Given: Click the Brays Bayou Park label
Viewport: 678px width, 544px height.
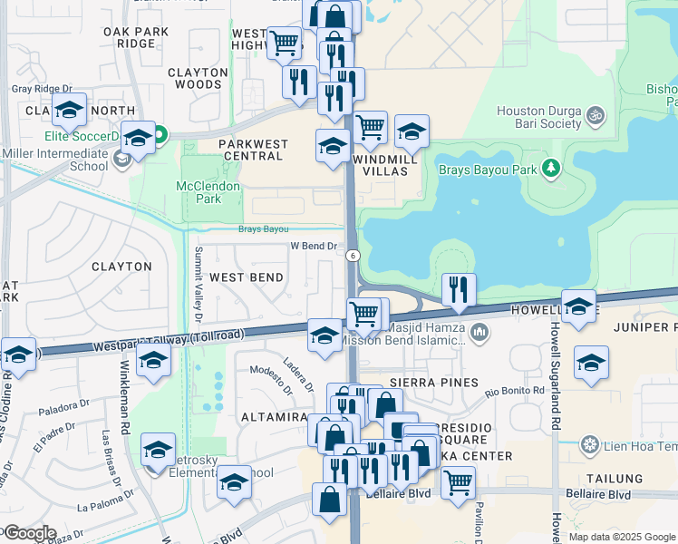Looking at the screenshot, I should click(488, 169).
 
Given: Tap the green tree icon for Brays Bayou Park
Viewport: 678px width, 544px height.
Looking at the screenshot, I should click(549, 169).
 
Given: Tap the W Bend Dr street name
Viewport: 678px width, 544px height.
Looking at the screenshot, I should click(313, 246).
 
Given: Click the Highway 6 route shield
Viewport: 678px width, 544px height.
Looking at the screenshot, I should click(352, 257).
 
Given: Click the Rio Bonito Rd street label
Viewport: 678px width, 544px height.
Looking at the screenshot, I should click(514, 392).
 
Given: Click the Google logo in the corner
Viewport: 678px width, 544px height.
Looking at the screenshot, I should click(29, 532).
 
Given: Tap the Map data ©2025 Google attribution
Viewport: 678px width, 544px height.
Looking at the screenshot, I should click(622, 537).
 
